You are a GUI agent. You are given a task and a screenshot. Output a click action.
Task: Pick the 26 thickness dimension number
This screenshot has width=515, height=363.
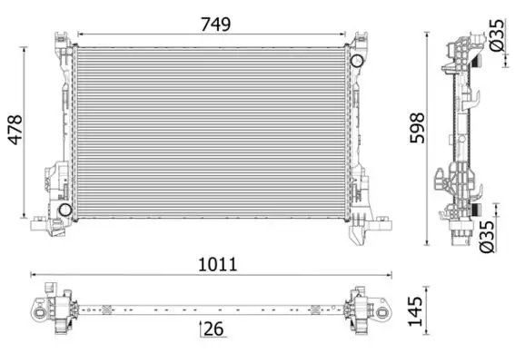click(213, 329)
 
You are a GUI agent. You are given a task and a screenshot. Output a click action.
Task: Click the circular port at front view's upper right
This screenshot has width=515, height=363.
click(358, 61)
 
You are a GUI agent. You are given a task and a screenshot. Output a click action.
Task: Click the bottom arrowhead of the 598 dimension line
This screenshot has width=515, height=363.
click(428, 244)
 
